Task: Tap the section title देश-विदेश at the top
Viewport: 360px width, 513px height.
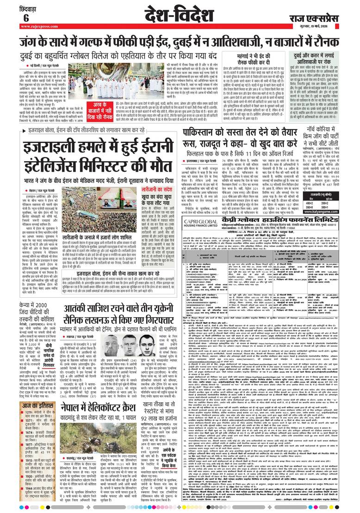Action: (x=180, y=14)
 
